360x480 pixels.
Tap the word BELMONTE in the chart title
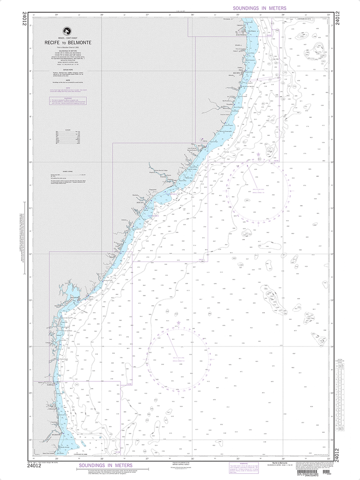click(82, 42)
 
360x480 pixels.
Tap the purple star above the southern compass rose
click(178, 323)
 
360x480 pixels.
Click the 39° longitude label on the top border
click(56, 15)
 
